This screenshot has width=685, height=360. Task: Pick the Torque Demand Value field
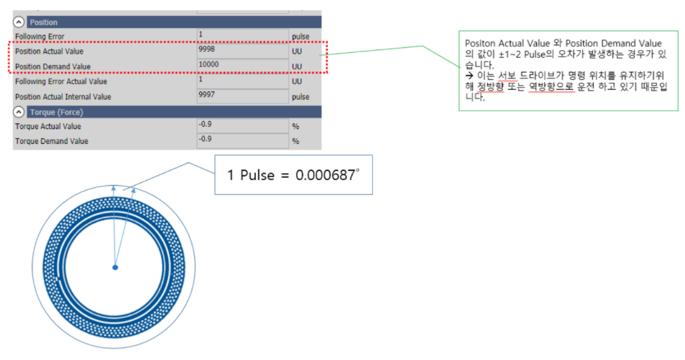point(242,141)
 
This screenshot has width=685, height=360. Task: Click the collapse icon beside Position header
point(19,22)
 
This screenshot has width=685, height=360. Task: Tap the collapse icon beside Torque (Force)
point(19,112)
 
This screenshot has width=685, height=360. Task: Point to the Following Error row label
point(39,37)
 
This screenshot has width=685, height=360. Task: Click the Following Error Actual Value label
point(61,81)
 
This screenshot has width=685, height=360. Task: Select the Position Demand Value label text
point(53,67)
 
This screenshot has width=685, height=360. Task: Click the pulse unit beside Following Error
point(300,37)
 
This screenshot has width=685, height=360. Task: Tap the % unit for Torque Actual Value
point(295,126)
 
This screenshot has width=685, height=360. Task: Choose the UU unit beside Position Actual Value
point(297,52)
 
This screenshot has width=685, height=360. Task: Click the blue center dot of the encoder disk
point(115,268)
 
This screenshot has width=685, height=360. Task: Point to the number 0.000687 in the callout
point(327,175)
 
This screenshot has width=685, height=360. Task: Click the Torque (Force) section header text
point(57,112)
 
